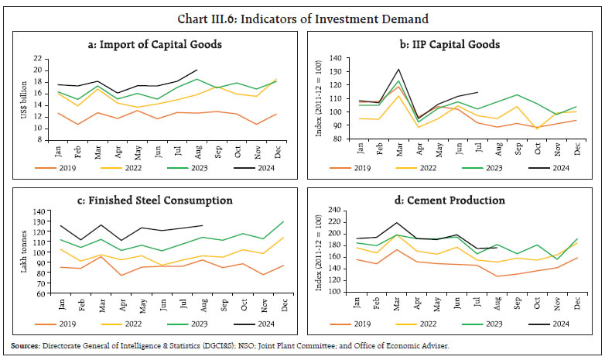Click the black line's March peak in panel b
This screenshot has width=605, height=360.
(398, 69)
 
